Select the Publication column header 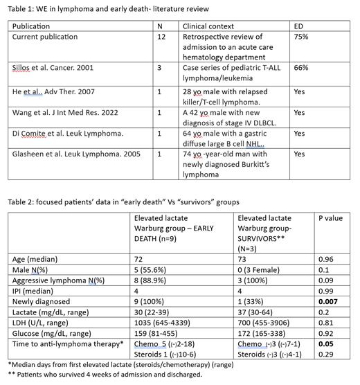click(x=32, y=25)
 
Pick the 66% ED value click(x=302, y=69)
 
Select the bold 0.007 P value click(x=329, y=302)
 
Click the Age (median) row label click(x=35, y=259)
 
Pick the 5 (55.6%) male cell click(x=154, y=269)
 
